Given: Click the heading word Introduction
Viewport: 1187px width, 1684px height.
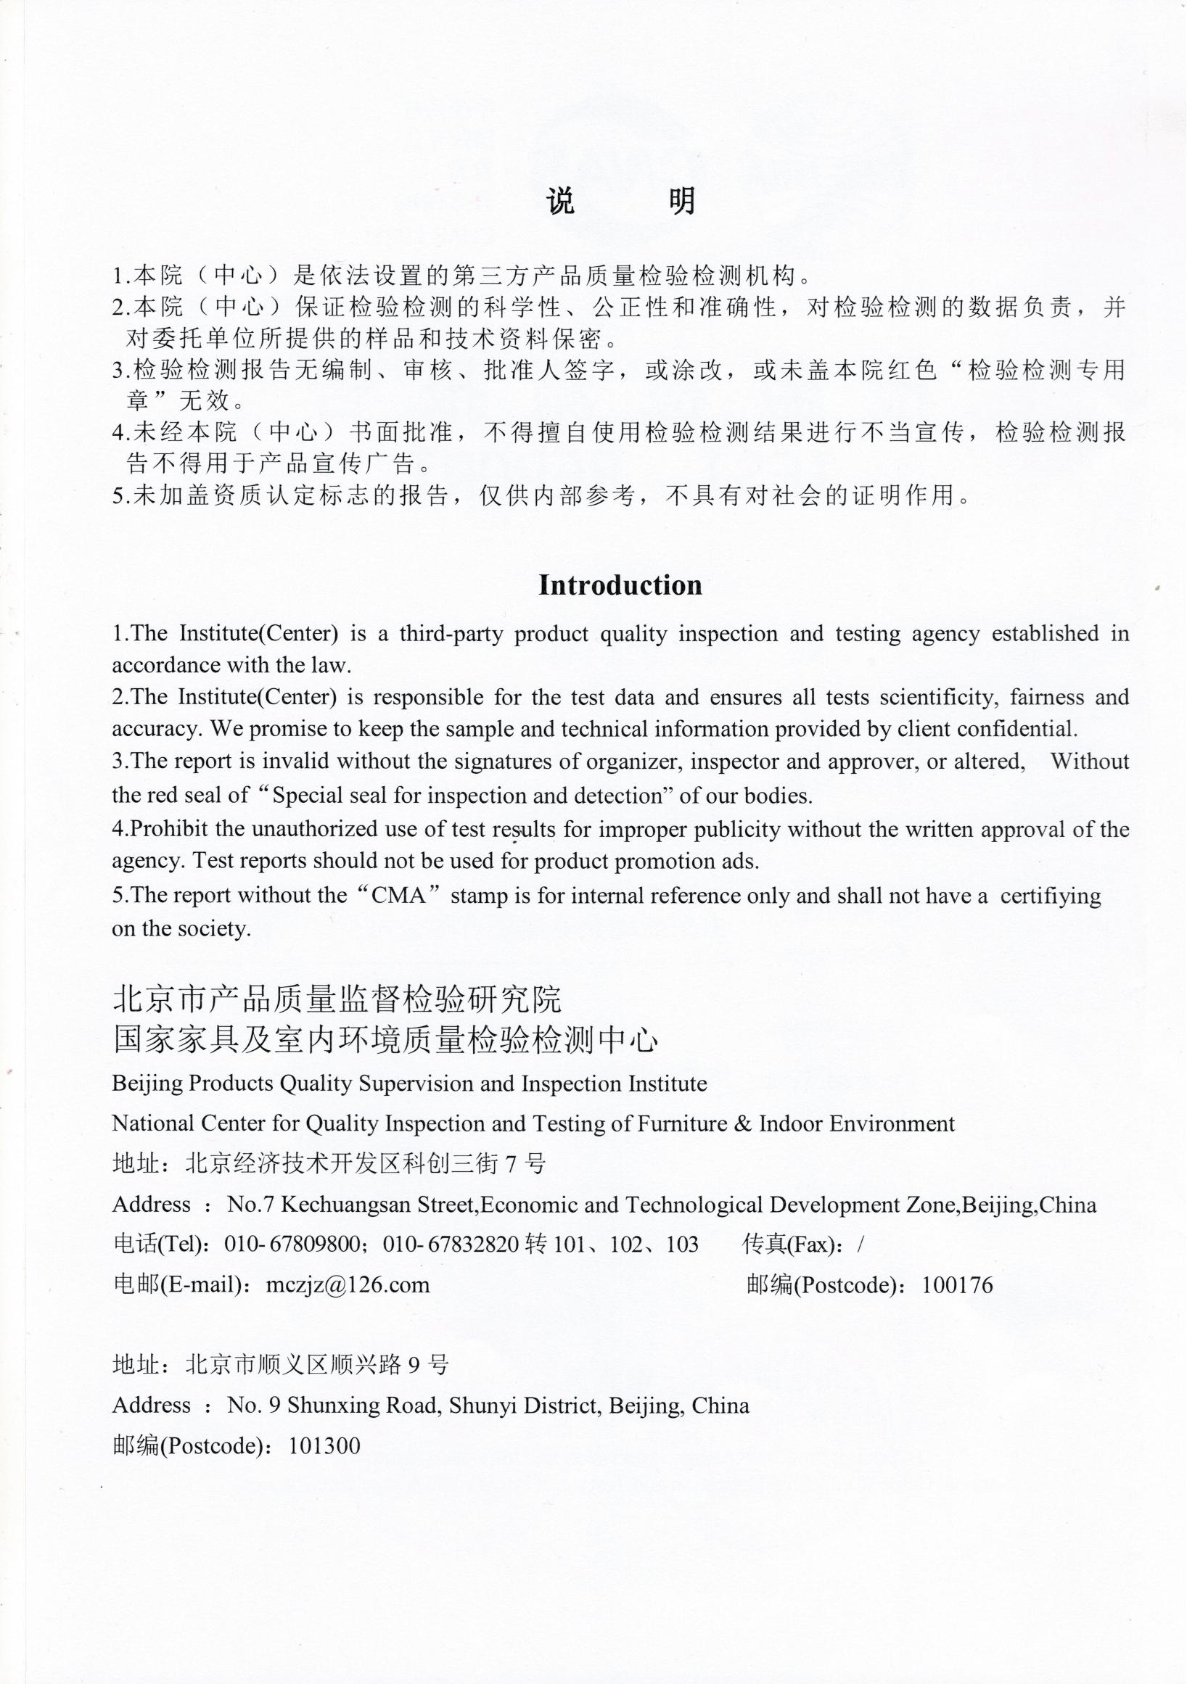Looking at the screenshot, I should click(x=620, y=585).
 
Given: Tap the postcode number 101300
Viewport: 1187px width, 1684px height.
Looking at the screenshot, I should click(x=325, y=1445).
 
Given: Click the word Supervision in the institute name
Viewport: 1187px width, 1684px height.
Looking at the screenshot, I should click(x=416, y=1084).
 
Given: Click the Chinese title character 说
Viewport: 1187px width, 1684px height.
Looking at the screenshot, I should click(x=562, y=201).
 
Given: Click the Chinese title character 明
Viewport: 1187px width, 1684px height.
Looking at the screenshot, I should click(x=681, y=201).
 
